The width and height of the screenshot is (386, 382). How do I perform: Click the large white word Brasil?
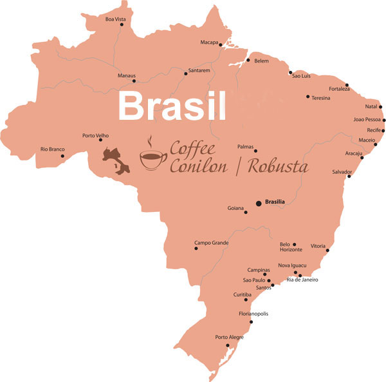tap(173, 106)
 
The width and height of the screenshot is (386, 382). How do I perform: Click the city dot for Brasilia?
tap(259, 204)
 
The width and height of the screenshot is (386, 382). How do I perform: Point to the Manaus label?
tap(127, 75)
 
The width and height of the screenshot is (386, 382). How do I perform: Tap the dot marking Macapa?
tap(220, 45)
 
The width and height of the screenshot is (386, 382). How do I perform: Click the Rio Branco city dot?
tap(62, 155)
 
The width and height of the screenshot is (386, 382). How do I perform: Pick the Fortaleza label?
tap(339, 88)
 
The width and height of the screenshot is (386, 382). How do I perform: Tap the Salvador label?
tap(342, 172)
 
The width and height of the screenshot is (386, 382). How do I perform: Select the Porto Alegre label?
tap(230, 337)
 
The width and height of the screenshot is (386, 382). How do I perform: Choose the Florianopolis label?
tap(253, 314)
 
